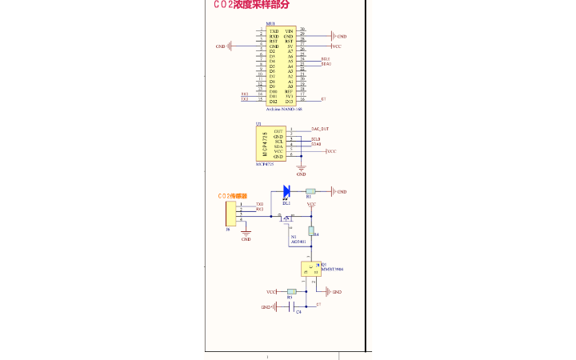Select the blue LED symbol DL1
pos(286,192)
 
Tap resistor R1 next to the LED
pos(310,192)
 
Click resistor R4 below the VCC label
pos(312,231)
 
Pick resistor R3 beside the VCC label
pos(291,292)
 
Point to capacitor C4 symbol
pos(293,306)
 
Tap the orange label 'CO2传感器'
pos(232,196)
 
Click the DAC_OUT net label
pos(320,129)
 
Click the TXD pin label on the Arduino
pos(274,30)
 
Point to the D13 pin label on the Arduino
pos(289,102)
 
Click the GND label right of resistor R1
pos(340,192)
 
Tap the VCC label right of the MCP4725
pos(330,151)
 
